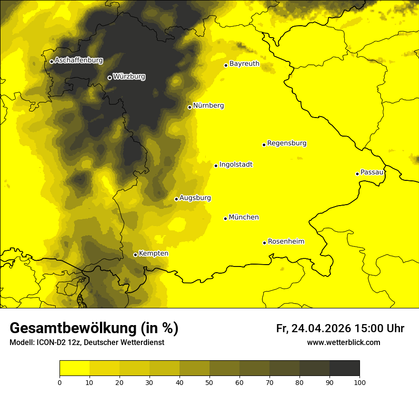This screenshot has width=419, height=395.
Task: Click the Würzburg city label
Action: click(129, 76)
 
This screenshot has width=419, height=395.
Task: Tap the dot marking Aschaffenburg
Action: click(51, 61)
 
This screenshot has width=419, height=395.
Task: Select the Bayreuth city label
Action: click(244, 64)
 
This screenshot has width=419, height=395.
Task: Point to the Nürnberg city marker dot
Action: click(190, 107)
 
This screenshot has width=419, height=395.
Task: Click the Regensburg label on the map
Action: click(287, 143)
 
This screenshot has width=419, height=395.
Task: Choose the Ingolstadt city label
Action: click(236, 165)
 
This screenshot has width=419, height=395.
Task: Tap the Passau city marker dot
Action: click(357, 174)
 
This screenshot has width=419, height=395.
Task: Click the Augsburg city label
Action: click(195, 198)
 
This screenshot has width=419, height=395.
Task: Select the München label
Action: click(243, 217)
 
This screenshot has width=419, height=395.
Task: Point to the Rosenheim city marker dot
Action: click(264, 243)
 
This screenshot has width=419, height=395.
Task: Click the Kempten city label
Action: click(153, 254)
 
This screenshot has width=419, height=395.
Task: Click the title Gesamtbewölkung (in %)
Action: click(94, 328)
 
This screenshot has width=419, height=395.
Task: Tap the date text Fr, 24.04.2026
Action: click(313, 328)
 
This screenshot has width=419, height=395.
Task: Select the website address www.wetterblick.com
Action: click(343, 342)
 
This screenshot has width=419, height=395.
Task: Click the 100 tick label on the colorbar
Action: click(359, 382)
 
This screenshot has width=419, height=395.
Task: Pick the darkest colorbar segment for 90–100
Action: click(344, 368)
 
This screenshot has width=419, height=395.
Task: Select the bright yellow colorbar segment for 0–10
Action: click(74, 368)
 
